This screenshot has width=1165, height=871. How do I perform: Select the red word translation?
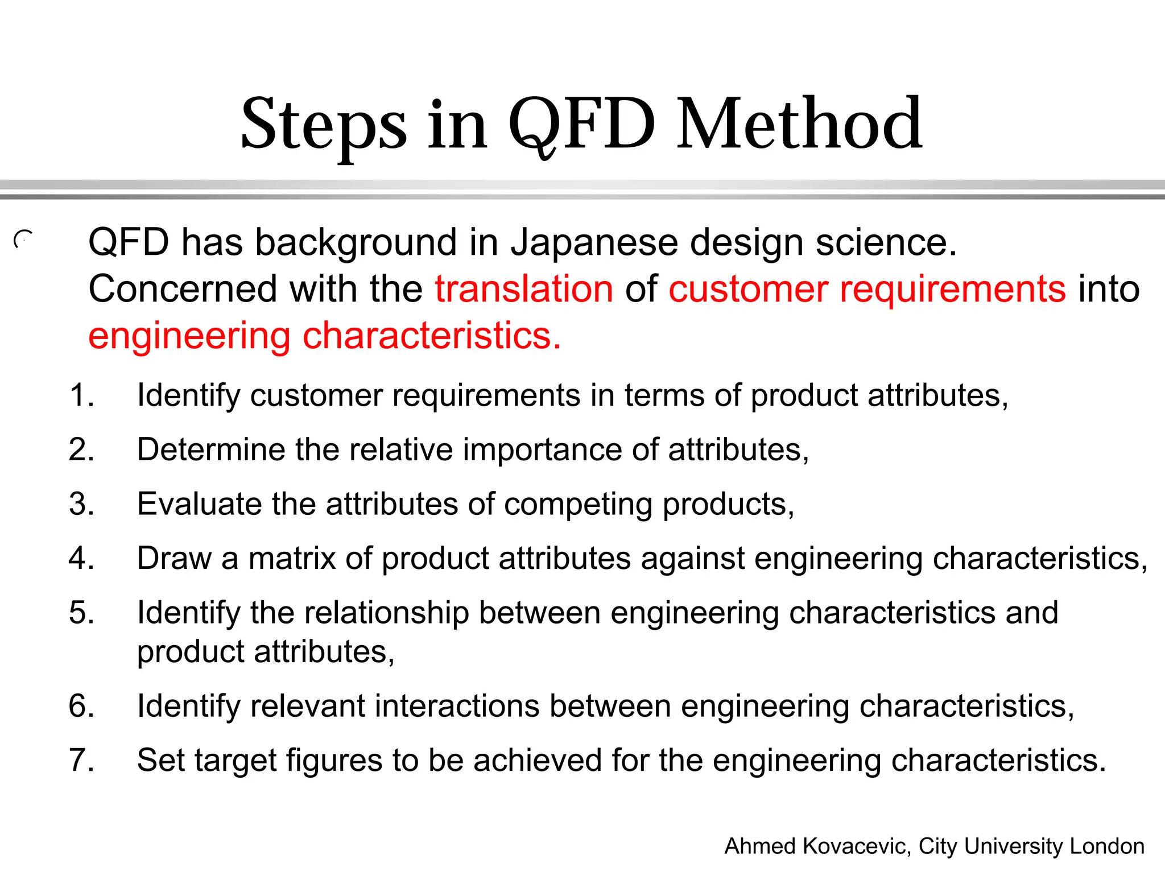tap(524, 289)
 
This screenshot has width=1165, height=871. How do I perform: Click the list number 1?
tap(81, 395)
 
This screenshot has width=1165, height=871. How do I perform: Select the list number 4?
tap(81, 558)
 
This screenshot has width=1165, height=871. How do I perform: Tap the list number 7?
tap(81, 760)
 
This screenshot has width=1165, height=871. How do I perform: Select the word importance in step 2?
tap(542, 450)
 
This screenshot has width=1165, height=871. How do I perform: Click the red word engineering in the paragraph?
tap(189, 336)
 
